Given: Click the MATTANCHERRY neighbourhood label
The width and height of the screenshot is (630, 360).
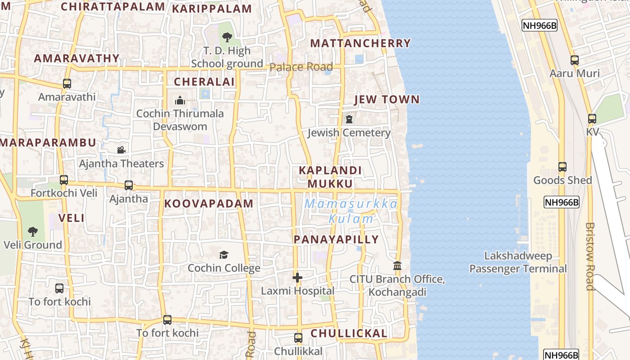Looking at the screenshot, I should pos(360,43).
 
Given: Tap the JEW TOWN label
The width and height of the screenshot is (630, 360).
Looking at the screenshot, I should pos(387,99).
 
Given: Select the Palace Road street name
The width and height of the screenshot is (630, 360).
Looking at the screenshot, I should pos(301,67).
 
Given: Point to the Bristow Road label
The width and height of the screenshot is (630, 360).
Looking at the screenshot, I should pos(590,256).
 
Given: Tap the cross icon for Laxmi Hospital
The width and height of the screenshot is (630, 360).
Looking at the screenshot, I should pos(297,278).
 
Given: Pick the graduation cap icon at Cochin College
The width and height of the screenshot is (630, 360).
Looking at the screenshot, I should pos(224,255).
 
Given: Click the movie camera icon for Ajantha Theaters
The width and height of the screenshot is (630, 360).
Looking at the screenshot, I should pos(121,150).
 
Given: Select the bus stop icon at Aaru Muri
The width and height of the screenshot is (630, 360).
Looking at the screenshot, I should pos(574,60).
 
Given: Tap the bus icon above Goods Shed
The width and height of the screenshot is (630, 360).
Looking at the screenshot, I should pos(562,167).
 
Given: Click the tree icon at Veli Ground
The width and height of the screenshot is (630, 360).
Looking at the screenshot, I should pos(32,232).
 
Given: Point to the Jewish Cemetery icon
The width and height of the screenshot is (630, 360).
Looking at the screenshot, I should pos(349,120).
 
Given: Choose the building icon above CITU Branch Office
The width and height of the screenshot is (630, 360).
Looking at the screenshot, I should pos(397,266).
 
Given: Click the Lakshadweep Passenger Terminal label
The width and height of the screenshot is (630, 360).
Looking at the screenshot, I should pos(518,262).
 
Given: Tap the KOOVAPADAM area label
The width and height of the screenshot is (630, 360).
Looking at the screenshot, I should pos(209,203).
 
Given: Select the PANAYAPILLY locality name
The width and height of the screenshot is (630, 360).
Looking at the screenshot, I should pos(336,239).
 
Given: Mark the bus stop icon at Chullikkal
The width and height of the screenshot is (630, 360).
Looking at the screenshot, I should pos(298,338).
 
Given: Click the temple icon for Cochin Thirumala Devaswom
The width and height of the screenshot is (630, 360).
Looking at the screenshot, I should pos(180,100).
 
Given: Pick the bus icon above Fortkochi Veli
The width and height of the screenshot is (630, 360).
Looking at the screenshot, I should pos(63,180).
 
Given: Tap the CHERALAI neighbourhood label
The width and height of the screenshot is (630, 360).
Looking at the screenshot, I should pos(204,81).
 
